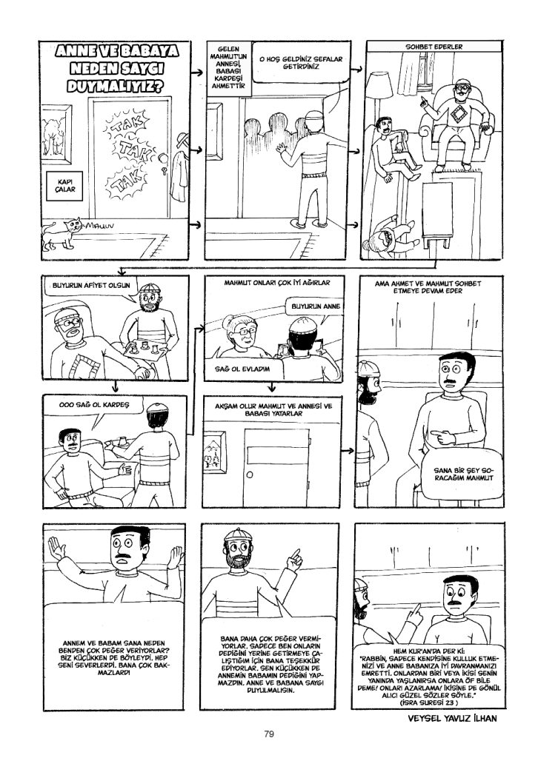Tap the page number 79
tap(269, 734)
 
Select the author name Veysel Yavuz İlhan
tap(452, 718)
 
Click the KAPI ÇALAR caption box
tap(65, 186)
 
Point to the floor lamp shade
tap(379, 85)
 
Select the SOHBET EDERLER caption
tap(434, 47)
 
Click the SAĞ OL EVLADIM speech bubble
tap(242, 369)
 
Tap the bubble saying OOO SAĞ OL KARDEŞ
tap(94, 405)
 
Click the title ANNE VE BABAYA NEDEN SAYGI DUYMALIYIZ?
tap(116, 67)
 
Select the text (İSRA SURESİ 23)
tap(428, 702)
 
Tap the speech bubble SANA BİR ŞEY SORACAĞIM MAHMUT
tap(462, 474)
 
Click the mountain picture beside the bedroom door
tap(214, 453)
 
